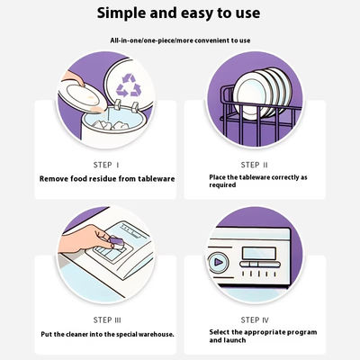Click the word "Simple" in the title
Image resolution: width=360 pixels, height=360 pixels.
pos(121,13)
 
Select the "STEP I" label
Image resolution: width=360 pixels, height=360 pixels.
pos(106,165)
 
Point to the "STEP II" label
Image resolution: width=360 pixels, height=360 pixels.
pos(254,165)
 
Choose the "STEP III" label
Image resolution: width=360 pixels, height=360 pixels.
pos(107,320)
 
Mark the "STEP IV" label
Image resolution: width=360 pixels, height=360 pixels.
pos(255,320)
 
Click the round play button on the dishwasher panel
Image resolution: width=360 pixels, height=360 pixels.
pos(218,263)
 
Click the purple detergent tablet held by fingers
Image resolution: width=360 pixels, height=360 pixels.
pos(116,243)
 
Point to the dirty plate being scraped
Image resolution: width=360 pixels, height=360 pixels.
pos(83,96)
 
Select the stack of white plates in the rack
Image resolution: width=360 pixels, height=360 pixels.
pos(262,93)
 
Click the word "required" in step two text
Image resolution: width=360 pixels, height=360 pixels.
pos(222,185)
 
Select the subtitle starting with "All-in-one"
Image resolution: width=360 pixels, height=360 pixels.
pos(180,40)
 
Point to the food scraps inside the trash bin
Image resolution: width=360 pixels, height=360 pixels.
pos(110,125)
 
